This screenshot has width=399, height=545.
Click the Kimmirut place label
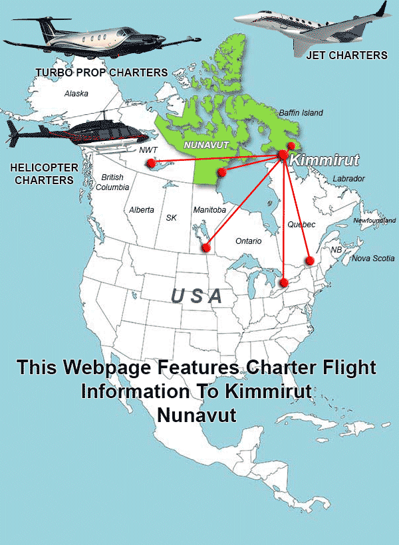pos(325,160)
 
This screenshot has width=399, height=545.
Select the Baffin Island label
pos(301,113)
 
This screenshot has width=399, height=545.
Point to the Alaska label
pos(76,94)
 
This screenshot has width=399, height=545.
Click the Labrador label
pos(348,179)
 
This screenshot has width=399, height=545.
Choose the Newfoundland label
pos(374,221)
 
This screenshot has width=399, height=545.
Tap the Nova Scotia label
pos(373,259)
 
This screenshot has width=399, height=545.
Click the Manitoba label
pos(209,210)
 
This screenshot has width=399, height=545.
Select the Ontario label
pos(248,241)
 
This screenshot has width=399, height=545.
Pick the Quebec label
pos(301,225)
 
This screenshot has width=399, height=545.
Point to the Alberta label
pos(142,210)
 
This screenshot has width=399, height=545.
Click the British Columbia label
pos(112,182)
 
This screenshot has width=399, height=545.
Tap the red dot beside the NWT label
pos(151,163)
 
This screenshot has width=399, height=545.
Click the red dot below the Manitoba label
pos(206,248)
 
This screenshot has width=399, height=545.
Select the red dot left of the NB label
pos(309,259)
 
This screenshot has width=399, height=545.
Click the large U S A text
pos(196,296)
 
